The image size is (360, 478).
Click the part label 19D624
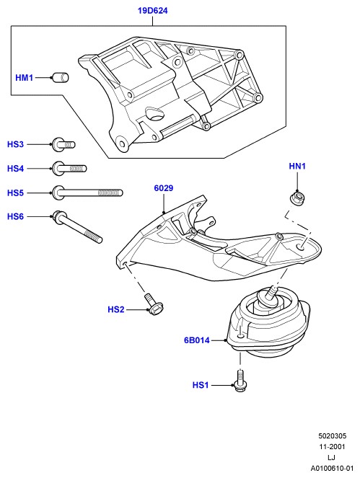point(152,11)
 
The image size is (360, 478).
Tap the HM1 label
point(24,78)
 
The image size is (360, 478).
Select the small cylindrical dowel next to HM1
point(61,77)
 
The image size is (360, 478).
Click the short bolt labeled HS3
point(63,144)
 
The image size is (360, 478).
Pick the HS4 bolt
point(69,168)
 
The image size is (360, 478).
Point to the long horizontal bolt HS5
point(87,192)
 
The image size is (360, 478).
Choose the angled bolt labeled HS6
point(77,227)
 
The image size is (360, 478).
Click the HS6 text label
point(15,216)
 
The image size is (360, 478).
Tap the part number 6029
point(164,188)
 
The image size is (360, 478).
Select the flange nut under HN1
point(297,198)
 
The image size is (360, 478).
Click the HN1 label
point(297,166)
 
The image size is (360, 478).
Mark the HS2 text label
point(116,309)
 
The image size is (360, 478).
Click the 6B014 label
point(197,340)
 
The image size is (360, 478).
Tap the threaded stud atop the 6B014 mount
point(272,293)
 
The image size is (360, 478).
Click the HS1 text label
point(201,385)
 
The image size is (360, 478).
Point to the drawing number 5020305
point(333,436)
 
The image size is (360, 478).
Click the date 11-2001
point(333,446)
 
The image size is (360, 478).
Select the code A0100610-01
point(333,468)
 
